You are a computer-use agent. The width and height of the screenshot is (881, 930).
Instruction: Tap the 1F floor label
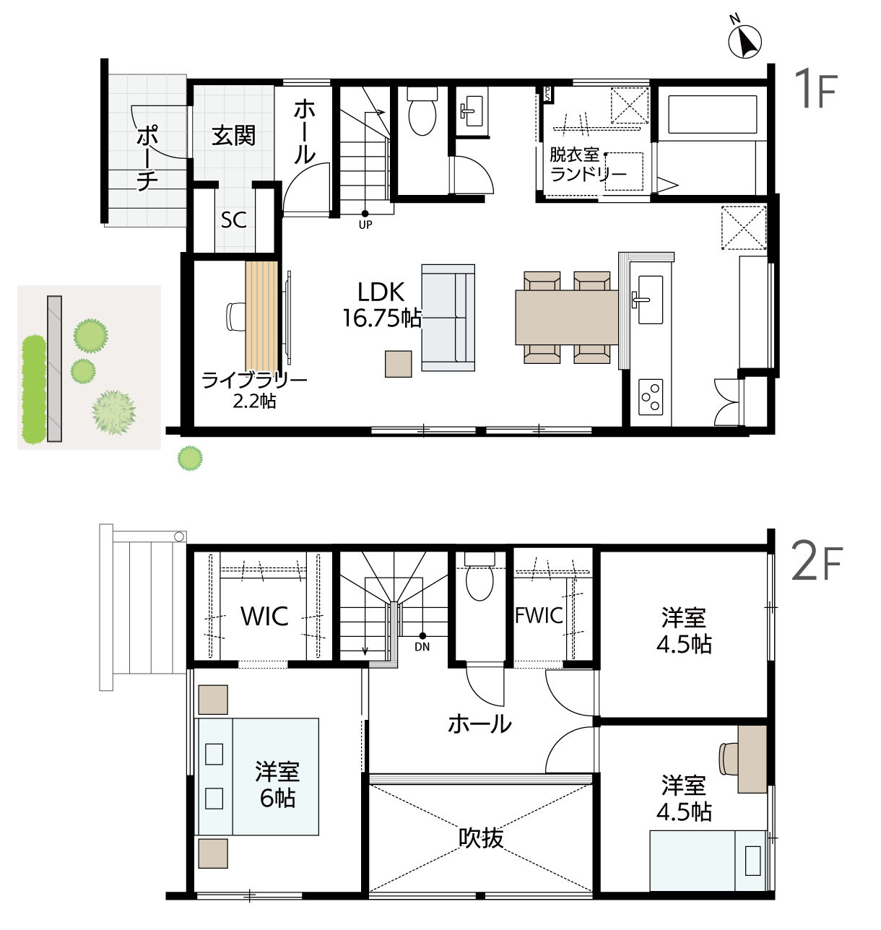pyautogui.click(x=816, y=89)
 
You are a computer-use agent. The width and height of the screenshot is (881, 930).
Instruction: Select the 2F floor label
pyautogui.click(x=817, y=563)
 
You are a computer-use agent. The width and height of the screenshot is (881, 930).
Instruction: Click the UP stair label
pyautogui.click(x=365, y=225)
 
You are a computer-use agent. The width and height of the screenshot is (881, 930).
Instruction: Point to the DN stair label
pyautogui.click(x=422, y=647)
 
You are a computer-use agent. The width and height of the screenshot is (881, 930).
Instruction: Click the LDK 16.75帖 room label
pyautogui.click(x=381, y=305)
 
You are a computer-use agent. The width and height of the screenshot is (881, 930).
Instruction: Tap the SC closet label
pyautogui.click(x=234, y=220)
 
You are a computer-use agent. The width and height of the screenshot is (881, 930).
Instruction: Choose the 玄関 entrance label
pyautogui.click(x=234, y=136)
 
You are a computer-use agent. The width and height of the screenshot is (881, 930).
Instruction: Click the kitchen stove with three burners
pyautogui.click(x=651, y=397)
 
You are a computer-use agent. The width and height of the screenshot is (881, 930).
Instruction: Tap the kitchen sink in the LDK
pyautogui.click(x=650, y=300)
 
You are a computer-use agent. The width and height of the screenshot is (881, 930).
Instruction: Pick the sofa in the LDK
pyautogui.click(x=448, y=318)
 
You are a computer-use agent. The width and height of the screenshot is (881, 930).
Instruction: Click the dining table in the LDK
pyautogui.click(x=567, y=317)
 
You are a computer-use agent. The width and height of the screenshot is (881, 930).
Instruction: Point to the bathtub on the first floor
pyautogui.click(x=712, y=115)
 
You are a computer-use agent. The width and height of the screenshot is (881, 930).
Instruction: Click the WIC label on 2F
pyautogui.click(x=264, y=615)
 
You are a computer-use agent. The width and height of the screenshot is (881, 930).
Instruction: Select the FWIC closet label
pyautogui.click(x=539, y=615)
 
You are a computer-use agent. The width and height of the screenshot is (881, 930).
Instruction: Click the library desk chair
pyautogui.click(x=235, y=317)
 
